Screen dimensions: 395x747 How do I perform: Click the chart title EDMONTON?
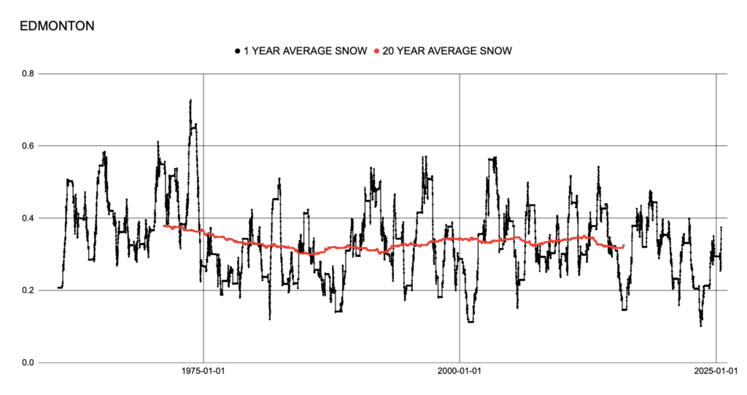(x=56, y=26)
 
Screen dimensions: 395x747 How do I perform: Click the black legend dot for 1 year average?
(x=237, y=51)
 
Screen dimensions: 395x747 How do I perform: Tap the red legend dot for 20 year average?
(x=376, y=51)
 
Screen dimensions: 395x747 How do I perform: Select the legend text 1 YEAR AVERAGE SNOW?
(x=305, y=51)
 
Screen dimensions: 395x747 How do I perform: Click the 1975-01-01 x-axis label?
(x=203, y=372)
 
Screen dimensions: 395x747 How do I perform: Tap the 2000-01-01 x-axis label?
(x=460, y=372)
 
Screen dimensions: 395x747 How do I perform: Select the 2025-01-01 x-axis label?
(x=716, y=372)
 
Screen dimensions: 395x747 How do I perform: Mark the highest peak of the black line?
(x=190, y=100)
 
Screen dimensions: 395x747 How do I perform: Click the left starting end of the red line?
(x=164, y=226)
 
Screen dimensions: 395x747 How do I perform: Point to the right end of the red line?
(x=623, y=246)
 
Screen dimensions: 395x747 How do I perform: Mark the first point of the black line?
(x=58, y=288)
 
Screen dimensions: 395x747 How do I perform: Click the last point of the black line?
(x=721, y=228)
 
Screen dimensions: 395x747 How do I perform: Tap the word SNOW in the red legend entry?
(x=495, y=51)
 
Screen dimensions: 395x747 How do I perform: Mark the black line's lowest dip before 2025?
(x=701, y=326)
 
